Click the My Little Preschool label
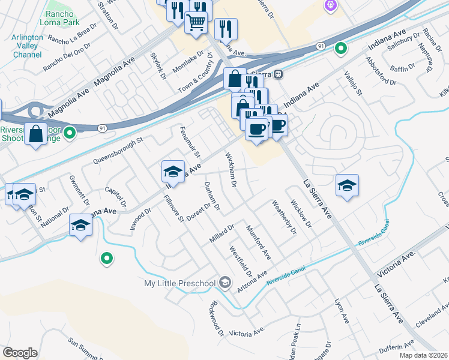(x=179, y=283)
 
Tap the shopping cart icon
(x=196, y=23)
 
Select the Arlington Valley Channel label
(x=27, y=46)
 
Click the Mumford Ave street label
(x=259, y=242)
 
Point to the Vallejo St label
(x=354, y=83)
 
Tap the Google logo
(x=20, y=352)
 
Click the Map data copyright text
(x=423, y=355)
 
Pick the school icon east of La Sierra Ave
(x=347, y=186)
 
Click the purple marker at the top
(x=330, y=5)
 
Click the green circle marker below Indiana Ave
(x=107, y=259)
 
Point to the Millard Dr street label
(x=221, y=233)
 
